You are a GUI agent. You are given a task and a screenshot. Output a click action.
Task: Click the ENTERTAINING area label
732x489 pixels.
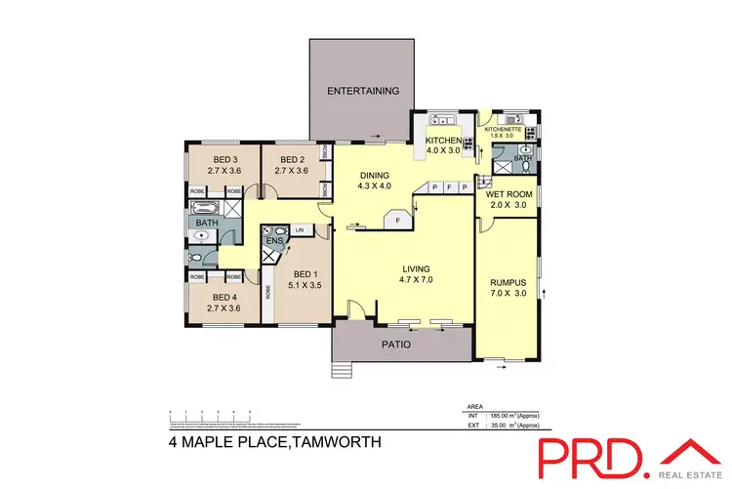(364, 91)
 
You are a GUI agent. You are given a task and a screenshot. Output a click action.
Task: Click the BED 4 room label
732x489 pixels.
(224, 298)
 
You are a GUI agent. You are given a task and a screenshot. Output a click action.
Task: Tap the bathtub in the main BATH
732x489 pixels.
(208, 208)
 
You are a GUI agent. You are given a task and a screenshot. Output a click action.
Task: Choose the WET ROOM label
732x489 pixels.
(507, 194)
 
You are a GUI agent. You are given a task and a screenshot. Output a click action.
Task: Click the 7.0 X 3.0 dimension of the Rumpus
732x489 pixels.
(507, 293)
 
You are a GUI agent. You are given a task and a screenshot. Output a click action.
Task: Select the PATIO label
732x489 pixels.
(395, 345)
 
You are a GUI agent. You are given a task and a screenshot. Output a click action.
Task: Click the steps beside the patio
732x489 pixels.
(341, 370)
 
